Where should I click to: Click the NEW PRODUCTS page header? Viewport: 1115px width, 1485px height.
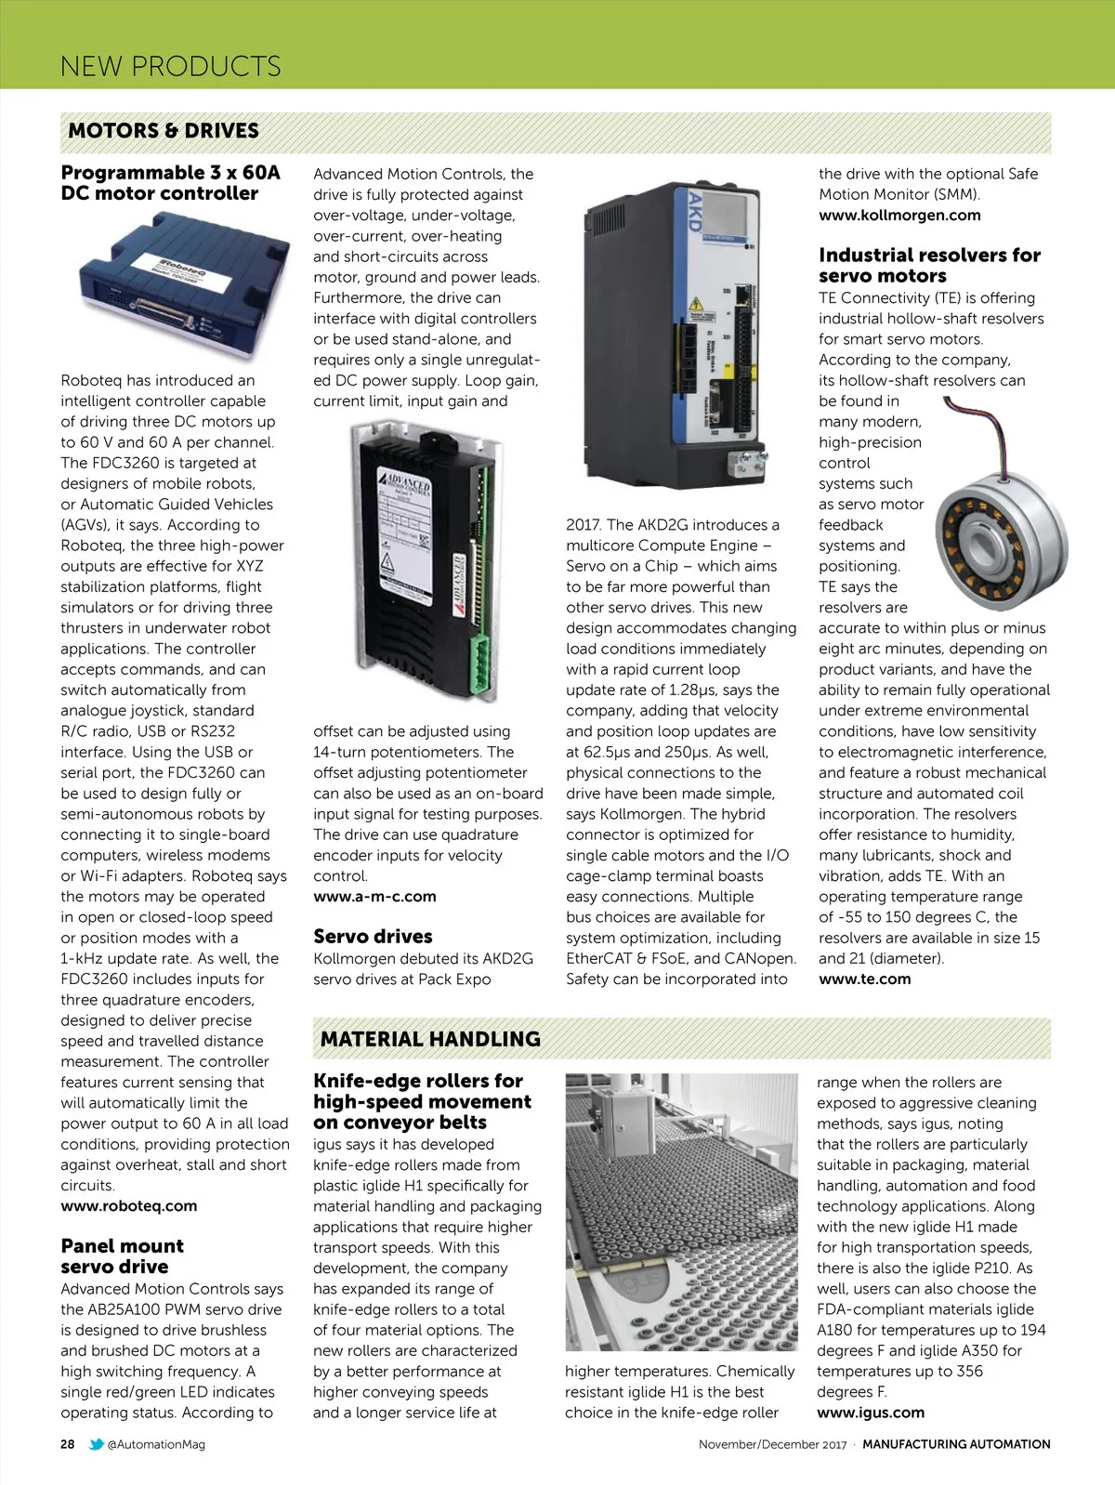[x=170, y=66]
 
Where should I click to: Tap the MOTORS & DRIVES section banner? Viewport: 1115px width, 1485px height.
[x=164, y=131]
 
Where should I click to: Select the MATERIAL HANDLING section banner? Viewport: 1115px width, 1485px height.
[x=430, y=1039]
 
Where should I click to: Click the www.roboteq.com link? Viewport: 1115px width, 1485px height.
[x=129, y=1206]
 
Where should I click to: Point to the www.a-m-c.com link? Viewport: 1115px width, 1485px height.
[x=374, y=897]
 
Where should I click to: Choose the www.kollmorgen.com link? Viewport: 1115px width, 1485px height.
[x=899, y=216]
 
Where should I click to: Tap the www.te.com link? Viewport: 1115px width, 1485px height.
[x=864, y=979]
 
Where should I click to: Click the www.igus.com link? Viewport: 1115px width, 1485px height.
[x=871, y=1413]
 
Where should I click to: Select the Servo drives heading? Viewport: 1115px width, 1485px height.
[x=373, y=937]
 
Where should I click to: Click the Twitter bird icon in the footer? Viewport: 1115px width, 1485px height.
[x=96, y=1445]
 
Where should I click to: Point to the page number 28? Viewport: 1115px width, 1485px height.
[x=68, y=1445]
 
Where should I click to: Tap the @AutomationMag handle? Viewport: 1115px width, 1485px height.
[x=156, y=1445]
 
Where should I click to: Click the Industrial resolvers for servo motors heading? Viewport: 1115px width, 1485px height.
[x=929, y=266]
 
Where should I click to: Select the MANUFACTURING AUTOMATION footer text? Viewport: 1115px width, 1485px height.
[x=956, y=1445]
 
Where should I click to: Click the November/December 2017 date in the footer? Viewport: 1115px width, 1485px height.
[x=773, y=1445]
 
